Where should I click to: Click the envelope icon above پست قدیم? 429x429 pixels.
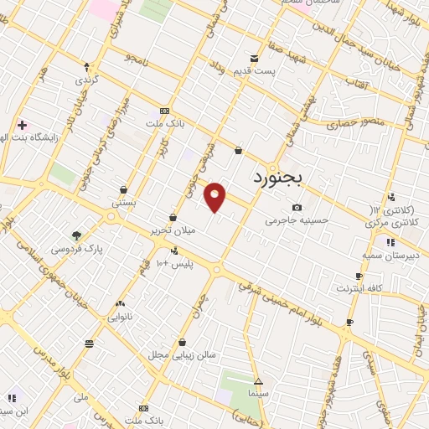point(255,59)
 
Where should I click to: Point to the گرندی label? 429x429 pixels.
point(87,80)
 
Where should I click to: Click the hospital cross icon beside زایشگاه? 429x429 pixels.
point(22,125)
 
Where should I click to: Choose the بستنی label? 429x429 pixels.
point(124,203)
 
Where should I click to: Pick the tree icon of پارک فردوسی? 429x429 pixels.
point(77,235)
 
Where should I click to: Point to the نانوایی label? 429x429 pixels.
point(120,318)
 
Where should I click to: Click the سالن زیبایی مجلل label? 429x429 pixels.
point(183,354)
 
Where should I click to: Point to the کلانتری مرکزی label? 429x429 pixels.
point(394,224)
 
